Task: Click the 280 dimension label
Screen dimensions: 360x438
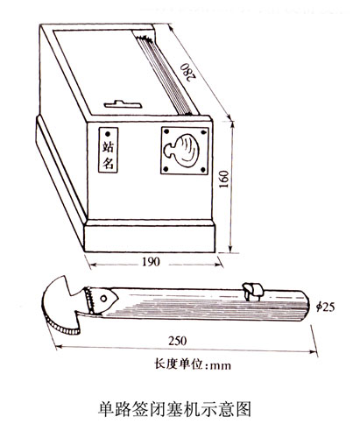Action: click(187, 72)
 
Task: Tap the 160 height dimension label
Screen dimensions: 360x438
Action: click(223, 179)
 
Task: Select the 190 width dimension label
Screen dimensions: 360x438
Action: click(151, 262)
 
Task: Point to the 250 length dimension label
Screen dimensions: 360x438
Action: click(177, 341)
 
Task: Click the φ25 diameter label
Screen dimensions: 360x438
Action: click(325, 307)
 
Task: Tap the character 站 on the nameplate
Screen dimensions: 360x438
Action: click(108, 147)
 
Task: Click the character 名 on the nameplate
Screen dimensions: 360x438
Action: click(108, 163)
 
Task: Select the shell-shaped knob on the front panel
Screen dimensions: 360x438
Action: click(181, 151)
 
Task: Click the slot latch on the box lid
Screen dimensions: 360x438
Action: click(123, 104)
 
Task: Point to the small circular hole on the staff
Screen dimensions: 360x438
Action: click(103, 299)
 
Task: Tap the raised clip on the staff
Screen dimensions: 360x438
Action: click(253, 291)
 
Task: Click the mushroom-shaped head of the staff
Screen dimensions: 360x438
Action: click(63, 305)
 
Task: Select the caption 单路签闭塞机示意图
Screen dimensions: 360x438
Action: click(174, 409)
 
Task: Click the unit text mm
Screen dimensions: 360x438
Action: click(221, 365)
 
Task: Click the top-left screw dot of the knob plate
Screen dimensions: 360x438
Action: click(166, 131)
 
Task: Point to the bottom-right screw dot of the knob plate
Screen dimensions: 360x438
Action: click(203, 169)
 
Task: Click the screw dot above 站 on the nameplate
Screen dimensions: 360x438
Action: click(108, 134)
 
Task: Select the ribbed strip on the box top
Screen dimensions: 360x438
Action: click(165, 73)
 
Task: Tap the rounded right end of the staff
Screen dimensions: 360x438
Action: click(306, 305)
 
